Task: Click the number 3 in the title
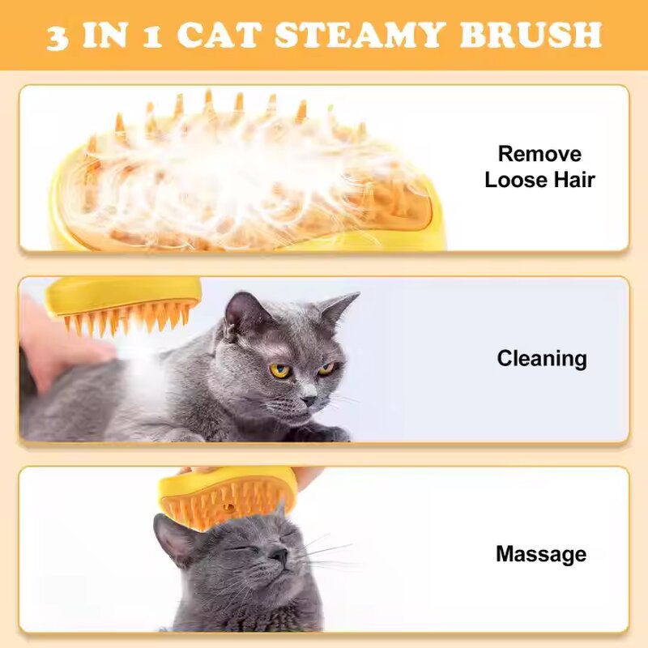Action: tap(58, 36)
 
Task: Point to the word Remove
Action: tap(539, 154)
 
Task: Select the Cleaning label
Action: tap(541, 358)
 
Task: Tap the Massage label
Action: tap(540, 554)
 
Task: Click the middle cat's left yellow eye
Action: tap(280, 370)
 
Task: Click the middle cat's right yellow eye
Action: tap(326, 369)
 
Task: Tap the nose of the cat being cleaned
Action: tap(309, 399)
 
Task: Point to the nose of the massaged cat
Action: tap(277, 554)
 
